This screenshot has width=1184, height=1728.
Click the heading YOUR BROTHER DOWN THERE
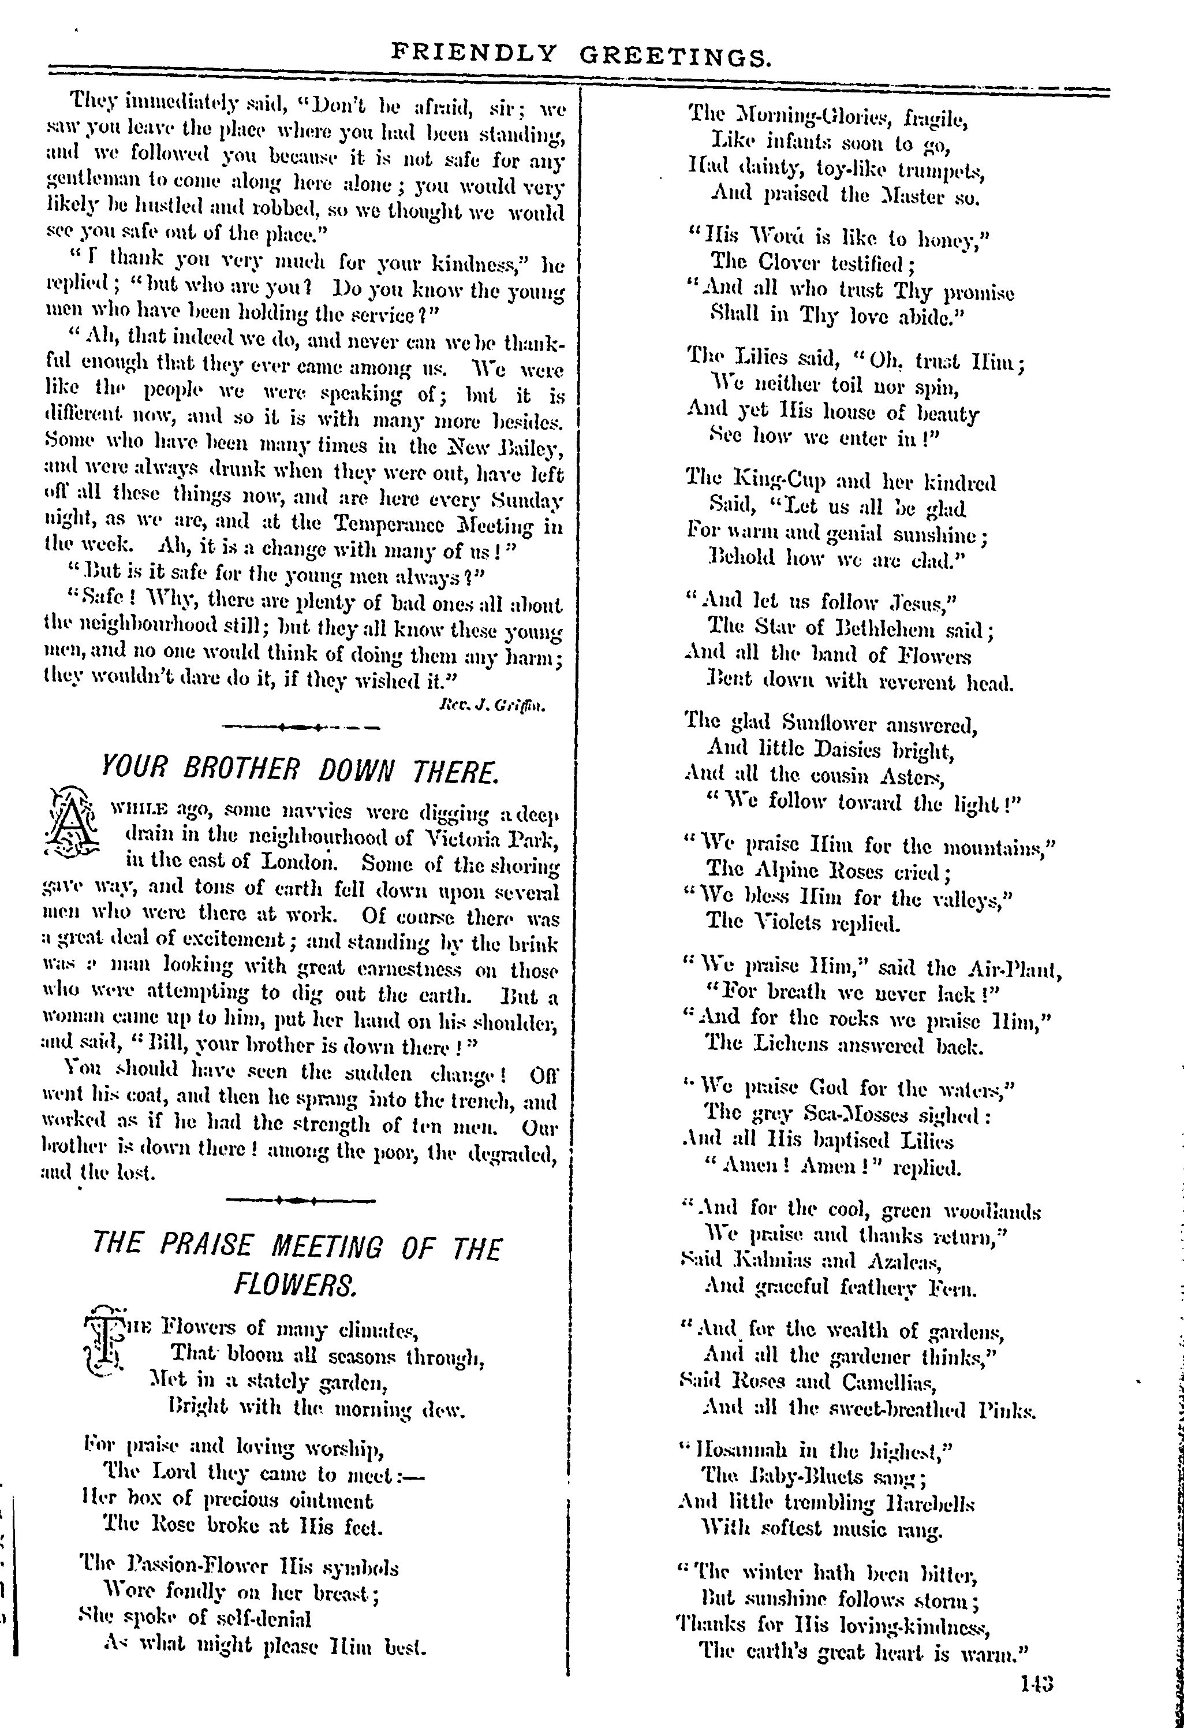299,770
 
